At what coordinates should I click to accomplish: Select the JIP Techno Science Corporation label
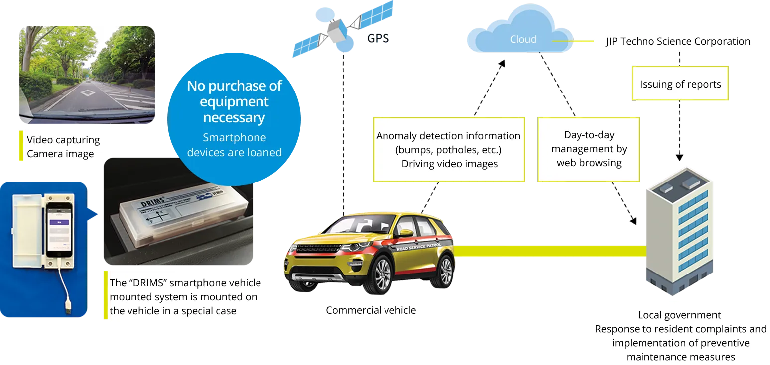click(678, 41)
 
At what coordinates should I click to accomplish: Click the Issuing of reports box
click(680, 84)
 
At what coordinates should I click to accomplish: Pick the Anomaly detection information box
click(448, 149)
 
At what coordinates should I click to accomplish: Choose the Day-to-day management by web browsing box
click(589, 149)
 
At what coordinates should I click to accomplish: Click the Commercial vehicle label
click(371, 311)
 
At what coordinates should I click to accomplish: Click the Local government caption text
click(679, 315)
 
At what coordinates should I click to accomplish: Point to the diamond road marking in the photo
click(88, 92)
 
